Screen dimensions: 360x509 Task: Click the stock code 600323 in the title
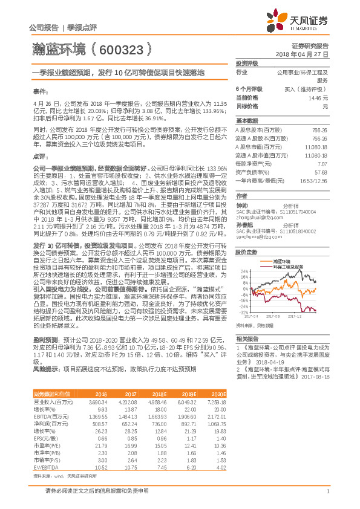coord(123,48)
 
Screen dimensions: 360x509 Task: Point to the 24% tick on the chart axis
coord(244,270)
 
